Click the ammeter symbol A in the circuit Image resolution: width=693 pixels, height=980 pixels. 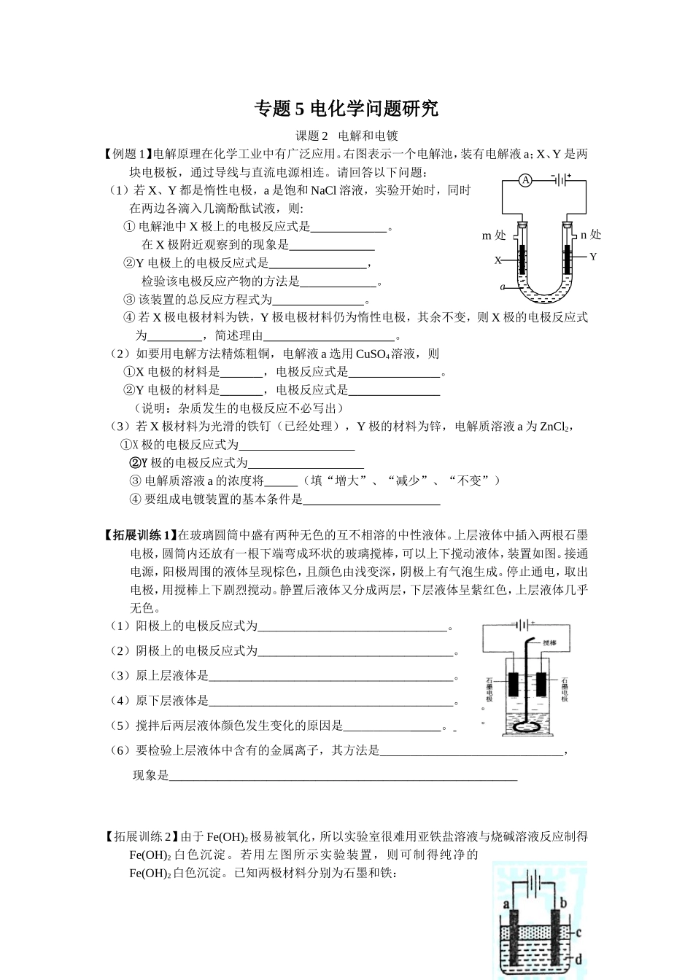(x=526, y=180)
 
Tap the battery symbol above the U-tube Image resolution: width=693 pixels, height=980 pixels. (x=560, y=179)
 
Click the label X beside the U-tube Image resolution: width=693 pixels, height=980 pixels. (x=498, y=260)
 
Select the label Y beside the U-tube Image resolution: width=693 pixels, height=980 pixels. (x=593, y=257)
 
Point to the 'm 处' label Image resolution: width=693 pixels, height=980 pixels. (x=493, y=236)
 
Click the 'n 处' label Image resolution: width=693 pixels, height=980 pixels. (x=590, y=235)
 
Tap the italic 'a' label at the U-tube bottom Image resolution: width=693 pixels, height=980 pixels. (x=503, y=287)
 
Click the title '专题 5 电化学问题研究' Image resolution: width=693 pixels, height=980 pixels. (x=346, y=109)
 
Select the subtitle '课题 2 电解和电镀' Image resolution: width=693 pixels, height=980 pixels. (x=346, y=136)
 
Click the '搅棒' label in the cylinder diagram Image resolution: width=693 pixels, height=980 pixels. (x=549, y=644)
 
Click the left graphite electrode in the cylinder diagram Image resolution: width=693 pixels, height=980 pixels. (x=514, y=684)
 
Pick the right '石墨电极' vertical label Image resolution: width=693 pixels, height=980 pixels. (x=565, y=688)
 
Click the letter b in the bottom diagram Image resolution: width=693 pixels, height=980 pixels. (x=563, y=903)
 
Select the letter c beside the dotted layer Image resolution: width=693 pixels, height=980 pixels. (x=578, y=932)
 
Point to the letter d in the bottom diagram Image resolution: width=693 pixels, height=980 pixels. (x=578, y=960)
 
